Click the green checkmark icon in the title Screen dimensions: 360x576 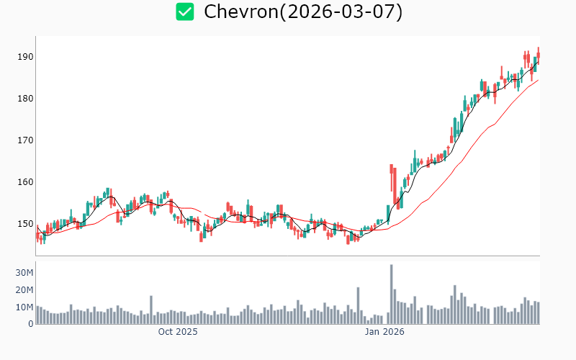(186, 12)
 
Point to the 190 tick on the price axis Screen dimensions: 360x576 (25, 57)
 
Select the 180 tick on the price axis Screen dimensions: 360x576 (25, 99)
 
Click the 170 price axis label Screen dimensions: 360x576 (25, 140)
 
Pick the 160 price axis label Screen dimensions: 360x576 (25, 182)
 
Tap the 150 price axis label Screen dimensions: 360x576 (25, 224)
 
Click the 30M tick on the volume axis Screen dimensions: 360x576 (24, 273)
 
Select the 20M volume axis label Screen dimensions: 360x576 (24, 290)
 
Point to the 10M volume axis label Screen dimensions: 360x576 (24, 307)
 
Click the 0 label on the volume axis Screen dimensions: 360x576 (30, 324)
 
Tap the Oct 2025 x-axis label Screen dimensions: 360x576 (178, 333)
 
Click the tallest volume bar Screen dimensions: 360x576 (391, 295)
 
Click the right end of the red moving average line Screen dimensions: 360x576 (538, 80)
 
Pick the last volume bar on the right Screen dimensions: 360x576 (538, 313)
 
